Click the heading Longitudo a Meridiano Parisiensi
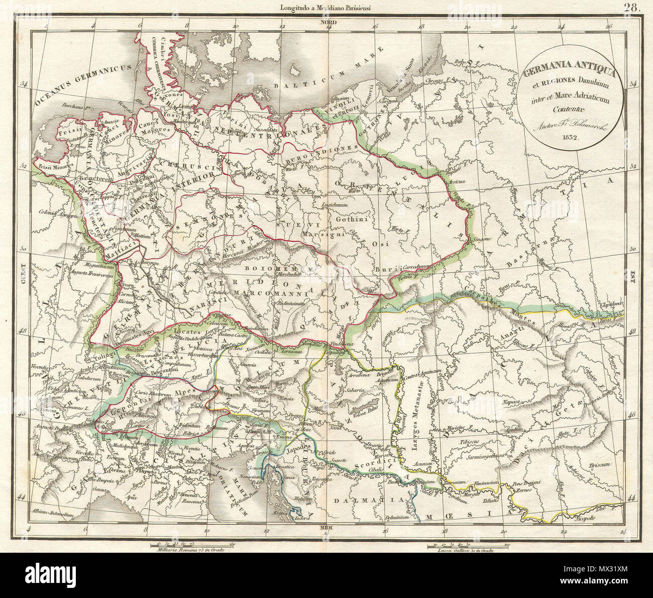pyautogui.click(x=327, y=7)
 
